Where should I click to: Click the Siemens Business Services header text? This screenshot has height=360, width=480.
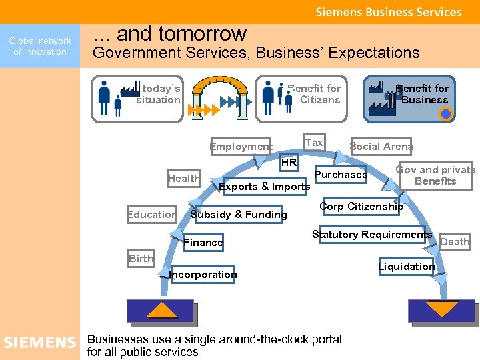pos(388,12)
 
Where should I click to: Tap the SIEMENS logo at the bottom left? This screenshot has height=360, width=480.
pos(40,343)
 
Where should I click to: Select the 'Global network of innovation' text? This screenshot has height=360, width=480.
pos(40,47)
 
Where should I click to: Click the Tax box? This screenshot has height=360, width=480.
pos(314,143)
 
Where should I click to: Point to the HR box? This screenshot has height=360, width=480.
pos(289,163)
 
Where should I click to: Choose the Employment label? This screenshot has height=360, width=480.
pos(241,147)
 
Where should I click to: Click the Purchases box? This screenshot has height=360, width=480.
pos(341,175)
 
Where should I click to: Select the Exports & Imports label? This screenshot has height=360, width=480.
pos(264,187)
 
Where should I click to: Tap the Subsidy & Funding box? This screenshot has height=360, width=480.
pos(239,215)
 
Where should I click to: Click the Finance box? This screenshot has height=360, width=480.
pos(203,243)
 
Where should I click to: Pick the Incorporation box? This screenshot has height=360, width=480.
pos(203,275)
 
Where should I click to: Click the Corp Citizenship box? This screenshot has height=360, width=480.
pos(361,207)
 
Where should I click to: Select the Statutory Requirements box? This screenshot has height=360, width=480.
pos(372,235)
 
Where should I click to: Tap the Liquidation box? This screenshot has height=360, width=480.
pos(406,267)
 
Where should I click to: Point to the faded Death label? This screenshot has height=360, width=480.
pos(455,242)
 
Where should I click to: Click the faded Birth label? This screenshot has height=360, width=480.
pos(141,259)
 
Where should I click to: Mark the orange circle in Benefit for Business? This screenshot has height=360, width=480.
pos(446,114)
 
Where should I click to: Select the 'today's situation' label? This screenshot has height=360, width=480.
pos(158,94)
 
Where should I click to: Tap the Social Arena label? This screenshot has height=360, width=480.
pos(381,147)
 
